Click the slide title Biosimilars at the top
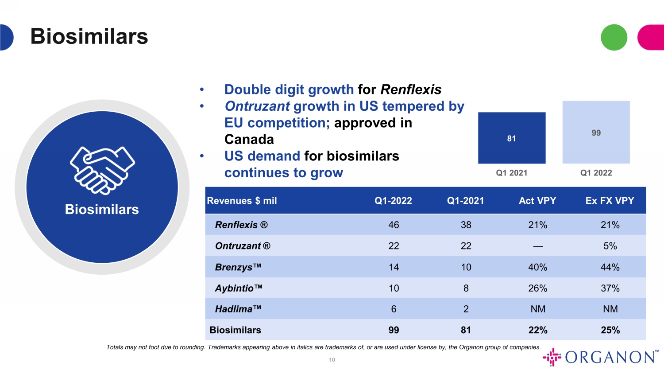(89, 36)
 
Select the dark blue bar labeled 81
(512, 138)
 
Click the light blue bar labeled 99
(596, 132)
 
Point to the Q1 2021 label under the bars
(512, 173)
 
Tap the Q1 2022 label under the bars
(596, 173)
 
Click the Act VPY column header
(537, 201)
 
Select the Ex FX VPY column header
(610, 201)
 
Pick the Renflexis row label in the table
(241, 225)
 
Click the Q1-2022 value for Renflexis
(394, 225)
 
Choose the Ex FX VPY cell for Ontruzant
(610, 246)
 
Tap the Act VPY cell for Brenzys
(538, 267)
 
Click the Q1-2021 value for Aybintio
(466, 288)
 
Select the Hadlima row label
(238, 309)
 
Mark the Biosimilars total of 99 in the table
(394, 330)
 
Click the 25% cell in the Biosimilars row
(610, 330)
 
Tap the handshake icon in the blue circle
(102, 170)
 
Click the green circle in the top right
(614, 37)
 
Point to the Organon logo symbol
(552, 357)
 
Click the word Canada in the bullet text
(249, 140)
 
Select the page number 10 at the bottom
(332, 360)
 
